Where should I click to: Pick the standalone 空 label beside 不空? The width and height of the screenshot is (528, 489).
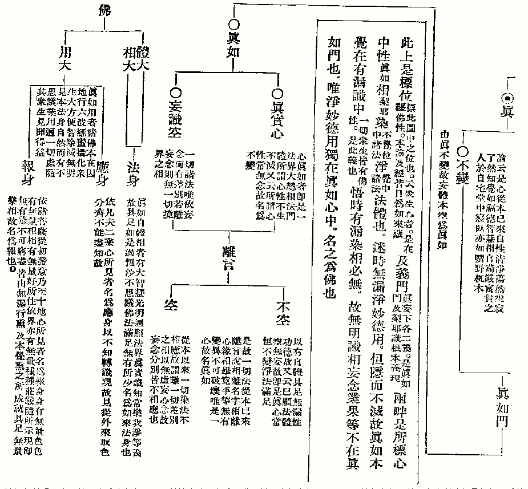click(170, 304)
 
